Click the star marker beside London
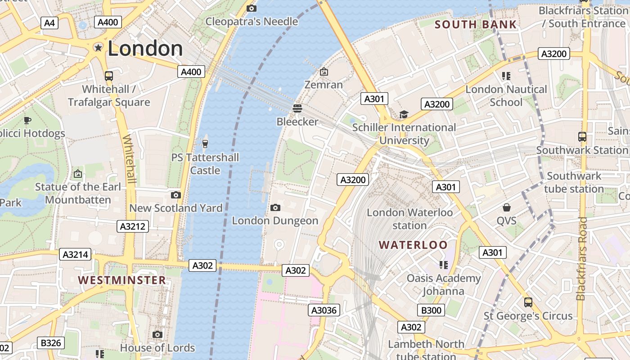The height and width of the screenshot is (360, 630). [98, 48]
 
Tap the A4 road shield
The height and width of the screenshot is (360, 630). [49, 22]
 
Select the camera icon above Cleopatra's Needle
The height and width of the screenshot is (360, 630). [252, 8]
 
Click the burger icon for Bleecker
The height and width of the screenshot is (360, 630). [297, 108]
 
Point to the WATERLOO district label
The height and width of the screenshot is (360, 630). [413, 245]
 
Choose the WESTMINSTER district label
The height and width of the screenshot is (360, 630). [122, 280]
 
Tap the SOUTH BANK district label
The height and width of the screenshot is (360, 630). [476, 24]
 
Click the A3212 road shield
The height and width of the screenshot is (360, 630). [133, 226]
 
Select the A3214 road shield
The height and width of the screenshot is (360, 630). [75, 255]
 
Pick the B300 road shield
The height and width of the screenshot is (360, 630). [431, 310]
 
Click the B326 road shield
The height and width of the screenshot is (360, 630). [50, 343]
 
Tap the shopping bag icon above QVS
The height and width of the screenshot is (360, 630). [507, 207]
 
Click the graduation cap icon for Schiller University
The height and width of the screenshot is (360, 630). [404, 114]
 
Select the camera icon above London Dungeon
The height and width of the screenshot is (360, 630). [275, 207]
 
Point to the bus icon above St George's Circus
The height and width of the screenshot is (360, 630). [528, 302]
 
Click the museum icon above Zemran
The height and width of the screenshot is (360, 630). [324, 72]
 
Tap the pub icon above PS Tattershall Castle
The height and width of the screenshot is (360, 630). [205, 144]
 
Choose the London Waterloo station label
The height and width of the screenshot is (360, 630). [409, 219]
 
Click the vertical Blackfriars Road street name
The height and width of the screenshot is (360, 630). [582, 259]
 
